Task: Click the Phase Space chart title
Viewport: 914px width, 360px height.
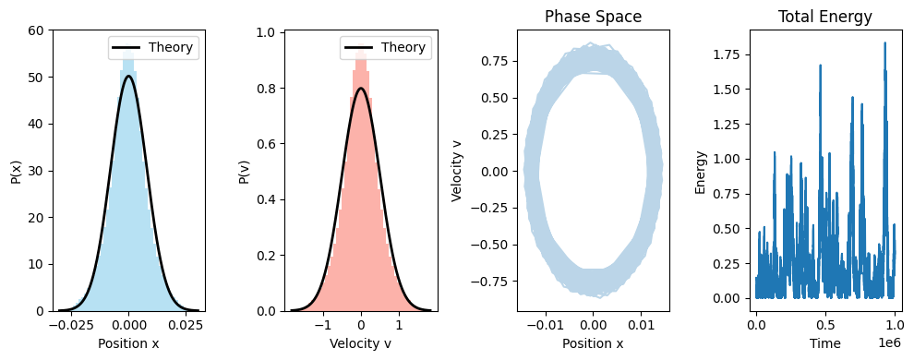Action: [x=593, y=17]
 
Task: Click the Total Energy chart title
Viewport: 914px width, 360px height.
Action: [x=824, y=17]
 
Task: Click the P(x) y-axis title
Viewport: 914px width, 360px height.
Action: [x=16, y=171]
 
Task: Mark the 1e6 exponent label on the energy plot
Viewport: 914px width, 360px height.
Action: [x=887, y=342]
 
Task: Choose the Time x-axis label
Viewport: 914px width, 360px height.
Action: [x=824, y=343]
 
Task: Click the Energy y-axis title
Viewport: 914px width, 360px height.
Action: [x=702, y=171]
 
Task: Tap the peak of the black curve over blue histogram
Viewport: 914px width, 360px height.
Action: [x=128, y=77]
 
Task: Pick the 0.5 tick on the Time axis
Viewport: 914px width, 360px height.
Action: [x=825, y=325]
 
